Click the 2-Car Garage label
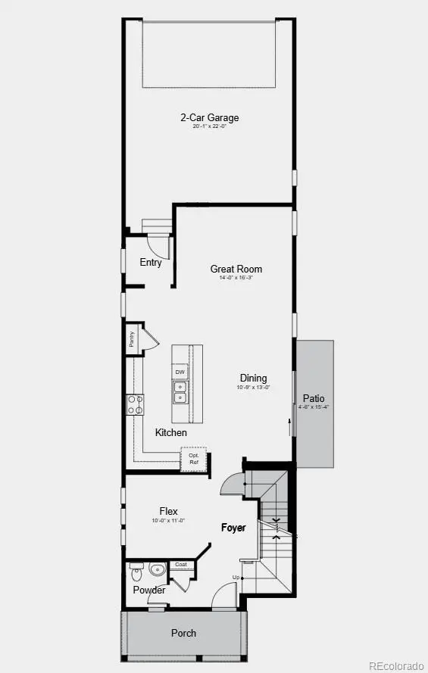[210, 117]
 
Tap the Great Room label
[236, 269]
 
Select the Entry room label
[151, 263]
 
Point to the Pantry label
[131, 339]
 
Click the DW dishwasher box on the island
[180, 372]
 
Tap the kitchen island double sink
[180, 392]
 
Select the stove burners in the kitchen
[136, 404]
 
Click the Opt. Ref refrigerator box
[194, 459]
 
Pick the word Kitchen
[171, 432]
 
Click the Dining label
[253, 379]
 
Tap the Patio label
[314, 398]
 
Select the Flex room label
[168, 511]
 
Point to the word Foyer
[233, 528]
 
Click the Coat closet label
[181, 565]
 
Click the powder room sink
[158, 570]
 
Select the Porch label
[183, 633]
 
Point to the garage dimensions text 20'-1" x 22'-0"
[210, 127]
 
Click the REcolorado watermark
[396, 665]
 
